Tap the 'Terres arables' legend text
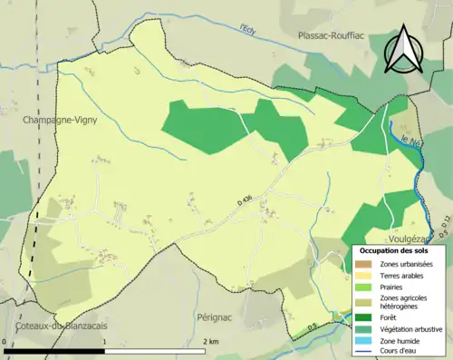tap(405, 276)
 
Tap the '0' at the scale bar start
tap(5, 341)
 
